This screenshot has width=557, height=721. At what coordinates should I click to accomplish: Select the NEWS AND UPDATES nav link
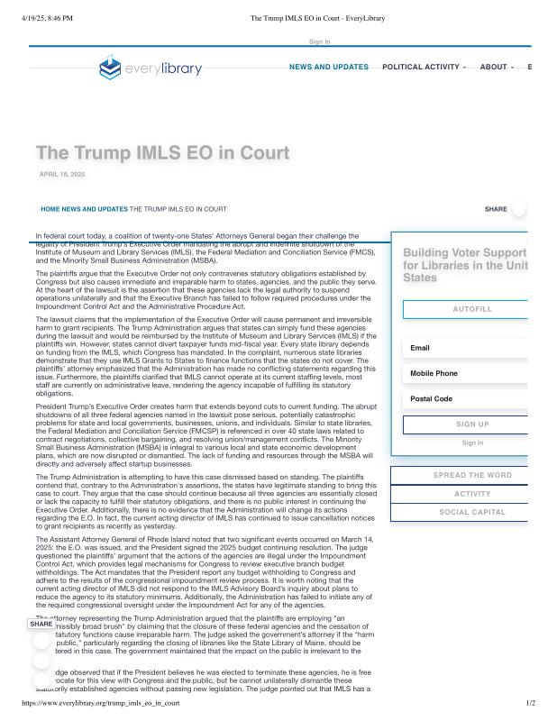(329, 67)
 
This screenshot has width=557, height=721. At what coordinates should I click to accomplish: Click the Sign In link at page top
(320, 41)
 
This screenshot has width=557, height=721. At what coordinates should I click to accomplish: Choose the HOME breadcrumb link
(50, 209)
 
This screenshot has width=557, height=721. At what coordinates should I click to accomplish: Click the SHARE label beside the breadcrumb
(496, 209)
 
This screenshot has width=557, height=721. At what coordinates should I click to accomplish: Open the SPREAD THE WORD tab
(472, 475)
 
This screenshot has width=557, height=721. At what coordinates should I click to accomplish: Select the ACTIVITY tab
(472, 494)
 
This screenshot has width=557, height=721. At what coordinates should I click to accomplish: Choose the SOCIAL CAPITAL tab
(472, 512)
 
